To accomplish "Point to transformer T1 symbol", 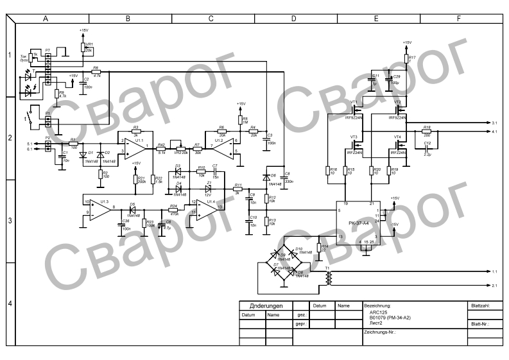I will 329,277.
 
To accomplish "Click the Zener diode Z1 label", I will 209,184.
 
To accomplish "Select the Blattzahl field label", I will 480,306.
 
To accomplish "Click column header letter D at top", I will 293,19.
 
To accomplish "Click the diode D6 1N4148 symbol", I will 266,176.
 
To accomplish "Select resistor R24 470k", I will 173,210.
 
